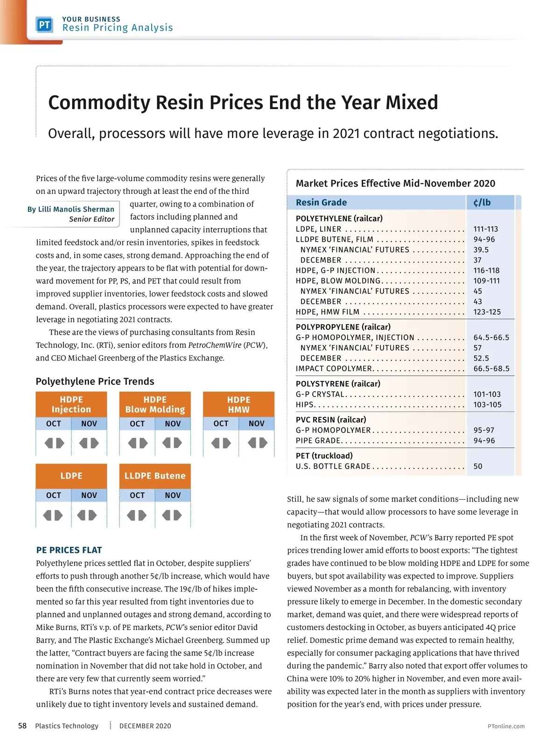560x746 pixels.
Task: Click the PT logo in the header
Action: [x=45, y=25]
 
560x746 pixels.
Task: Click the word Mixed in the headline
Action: [x=411, y=103]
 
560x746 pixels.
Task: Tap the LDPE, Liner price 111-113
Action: [x=485, y=229]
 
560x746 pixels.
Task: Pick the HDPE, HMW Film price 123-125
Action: [x=487, y=312]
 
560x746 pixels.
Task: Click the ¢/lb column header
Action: [x=482, y=202]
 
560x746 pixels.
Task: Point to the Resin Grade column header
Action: [x=321, y=202]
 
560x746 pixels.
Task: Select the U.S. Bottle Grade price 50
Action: [x=478, y=466]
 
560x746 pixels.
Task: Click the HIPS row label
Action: [x=305, y=405]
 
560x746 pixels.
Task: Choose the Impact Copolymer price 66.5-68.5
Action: [x=491, y=369]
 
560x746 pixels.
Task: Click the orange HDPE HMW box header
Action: [x=238, y=404]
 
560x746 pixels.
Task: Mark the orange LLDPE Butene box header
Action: [x=155, y=476]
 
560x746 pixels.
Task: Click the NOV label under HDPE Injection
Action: [x=89, y=423]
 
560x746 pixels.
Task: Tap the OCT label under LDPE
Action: [x=54, y=495]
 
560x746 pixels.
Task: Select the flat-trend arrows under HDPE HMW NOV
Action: [x=257, y=442]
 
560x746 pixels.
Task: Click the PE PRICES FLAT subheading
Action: [x=69, y=550]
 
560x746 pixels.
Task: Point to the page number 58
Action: [x=22, y=725]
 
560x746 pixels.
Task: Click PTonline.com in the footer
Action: [x=506, y=726]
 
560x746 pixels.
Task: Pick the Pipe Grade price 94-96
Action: [x=484, y=441]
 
